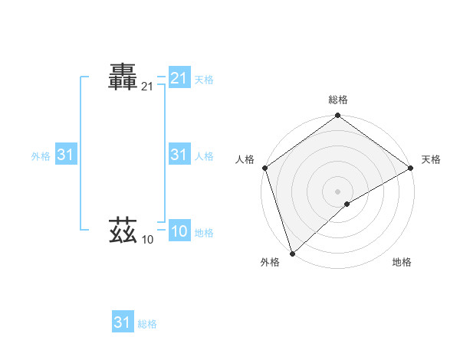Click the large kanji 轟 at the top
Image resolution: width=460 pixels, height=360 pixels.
pyautogui.click(x=123, y=77)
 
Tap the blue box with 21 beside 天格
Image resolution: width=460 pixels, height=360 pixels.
pyautogui.click(x=179, y=78)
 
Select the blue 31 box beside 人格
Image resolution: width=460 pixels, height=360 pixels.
pyautogui.click(x=179, y=155)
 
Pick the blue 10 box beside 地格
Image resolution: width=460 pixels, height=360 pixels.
pyautogui.click(x=179, y=232)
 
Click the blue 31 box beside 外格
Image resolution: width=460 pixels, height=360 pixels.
pyautogui.click(x=65, y=155)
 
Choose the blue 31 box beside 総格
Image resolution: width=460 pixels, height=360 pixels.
pyautogui.click(x=123, y=322)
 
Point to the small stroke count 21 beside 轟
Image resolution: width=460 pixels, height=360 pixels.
pyautogui.click(x=147, y=87)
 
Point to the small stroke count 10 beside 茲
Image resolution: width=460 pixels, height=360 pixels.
pyautogui.click(x=147, y=241)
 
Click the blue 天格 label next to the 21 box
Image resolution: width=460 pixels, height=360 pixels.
pyautogui.click(x=204, y=80)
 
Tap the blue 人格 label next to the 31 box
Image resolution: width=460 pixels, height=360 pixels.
pyautogui.click(x=204, y=156)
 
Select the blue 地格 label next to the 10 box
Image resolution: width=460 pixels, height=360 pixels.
pyautogui.click(x=204, y=233)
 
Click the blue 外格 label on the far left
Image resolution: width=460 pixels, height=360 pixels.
pyautogui.click(x=41, y=156)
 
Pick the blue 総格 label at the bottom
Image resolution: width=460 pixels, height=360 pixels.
pyautogui.click(x=147, y=324)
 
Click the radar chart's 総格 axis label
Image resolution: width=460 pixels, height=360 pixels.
pyautogui.click(x=337, y=100)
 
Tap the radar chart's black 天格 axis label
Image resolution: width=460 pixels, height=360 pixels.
pyautogui.click(x=431, y=159)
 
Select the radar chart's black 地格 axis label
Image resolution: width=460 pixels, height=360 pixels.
pyautogui.click(x=402, y=262)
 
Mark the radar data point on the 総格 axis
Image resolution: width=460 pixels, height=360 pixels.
pyautogui.click(x=337, y=116)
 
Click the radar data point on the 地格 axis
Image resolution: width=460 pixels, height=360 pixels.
pyautogui.click(x=347, y=204)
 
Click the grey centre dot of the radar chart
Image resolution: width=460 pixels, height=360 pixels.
pyautogui.click(x=337, y=191)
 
